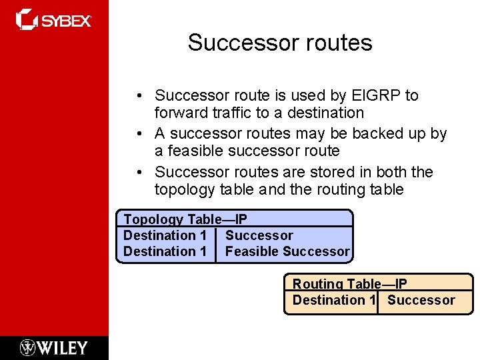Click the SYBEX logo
point(54,20)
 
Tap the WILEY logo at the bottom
point(54,347)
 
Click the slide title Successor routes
point(280,43)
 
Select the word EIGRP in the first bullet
point(376,96)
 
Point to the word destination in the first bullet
point(326,113)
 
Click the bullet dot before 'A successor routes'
point(145,134)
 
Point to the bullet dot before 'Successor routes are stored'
point(145,173)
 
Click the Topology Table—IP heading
point(185,219)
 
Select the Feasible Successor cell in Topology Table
point(287,251)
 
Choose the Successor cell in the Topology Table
point(259,235)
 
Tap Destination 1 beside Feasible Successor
point(165,251)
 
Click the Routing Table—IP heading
point(350,284)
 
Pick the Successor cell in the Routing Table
point(421,300)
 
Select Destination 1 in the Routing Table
point(333,300)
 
